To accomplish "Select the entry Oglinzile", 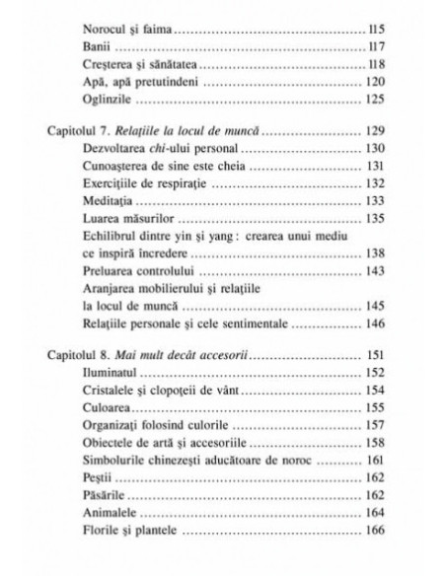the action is coord(110,101).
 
